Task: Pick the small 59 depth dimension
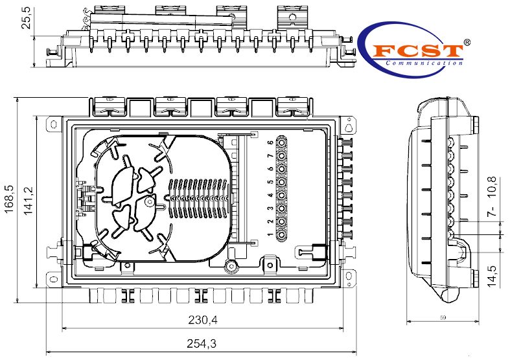pyautogui.click(x=443, y=318)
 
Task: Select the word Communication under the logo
pyautogui.click(x=424, y=64)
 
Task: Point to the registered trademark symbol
pyautogui.click(x=467, y=42)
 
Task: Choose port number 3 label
pyautogui.click(x=270, y=208)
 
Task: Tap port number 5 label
pyautogui.click(x=270, y=181)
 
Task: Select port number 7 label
pyautogui.click(x=270, y=155)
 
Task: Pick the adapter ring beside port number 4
pyautogui.click(x=283, y=194)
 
